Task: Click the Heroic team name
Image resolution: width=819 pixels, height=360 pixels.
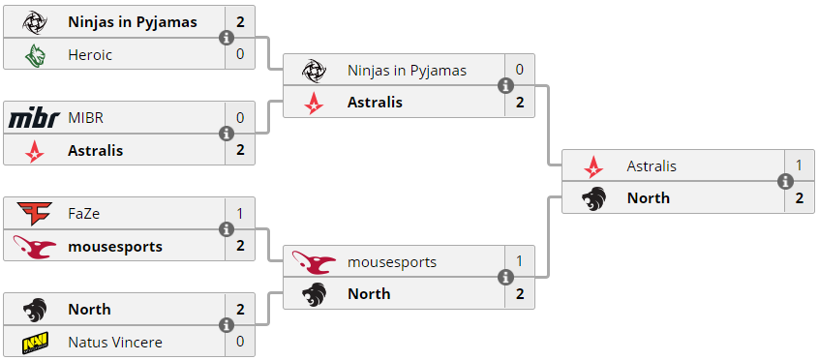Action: pos(90,55)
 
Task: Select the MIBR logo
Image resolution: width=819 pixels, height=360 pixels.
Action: pos(35,119)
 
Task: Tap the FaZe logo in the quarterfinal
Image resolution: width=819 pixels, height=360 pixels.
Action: pos(35,214)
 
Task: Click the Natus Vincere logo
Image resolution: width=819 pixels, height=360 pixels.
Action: pos(35,343)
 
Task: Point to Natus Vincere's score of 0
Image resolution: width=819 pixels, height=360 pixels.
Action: pos(240,342)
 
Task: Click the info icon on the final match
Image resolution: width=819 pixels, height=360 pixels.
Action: pos(785,181)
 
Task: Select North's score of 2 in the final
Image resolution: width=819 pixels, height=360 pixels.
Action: pos(799,198)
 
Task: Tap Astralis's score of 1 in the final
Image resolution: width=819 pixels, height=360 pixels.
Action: pos(799,165)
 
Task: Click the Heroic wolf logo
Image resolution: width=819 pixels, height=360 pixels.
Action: pos(35,55)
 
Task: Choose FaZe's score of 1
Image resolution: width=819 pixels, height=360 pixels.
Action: pos(240,214)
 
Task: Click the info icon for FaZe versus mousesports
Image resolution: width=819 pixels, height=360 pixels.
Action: pos(227,229)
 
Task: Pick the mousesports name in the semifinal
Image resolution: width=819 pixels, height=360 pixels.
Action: pos(392,261)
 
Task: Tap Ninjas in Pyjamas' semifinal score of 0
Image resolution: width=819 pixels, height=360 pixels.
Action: pos(519,70)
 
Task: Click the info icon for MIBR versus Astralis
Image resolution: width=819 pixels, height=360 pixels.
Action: pos(227,134)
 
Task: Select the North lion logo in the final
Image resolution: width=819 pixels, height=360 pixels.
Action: pos(593,198)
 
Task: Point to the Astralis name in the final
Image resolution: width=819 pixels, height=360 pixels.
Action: pos(652,166)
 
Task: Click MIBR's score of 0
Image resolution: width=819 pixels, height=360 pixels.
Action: pos(240,118)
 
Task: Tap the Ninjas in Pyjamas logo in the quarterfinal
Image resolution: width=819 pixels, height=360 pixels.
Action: pos(35,23)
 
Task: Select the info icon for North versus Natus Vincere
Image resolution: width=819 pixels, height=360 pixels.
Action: pos(227,325)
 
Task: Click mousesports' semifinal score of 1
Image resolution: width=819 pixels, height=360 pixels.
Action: pos(519,261)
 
